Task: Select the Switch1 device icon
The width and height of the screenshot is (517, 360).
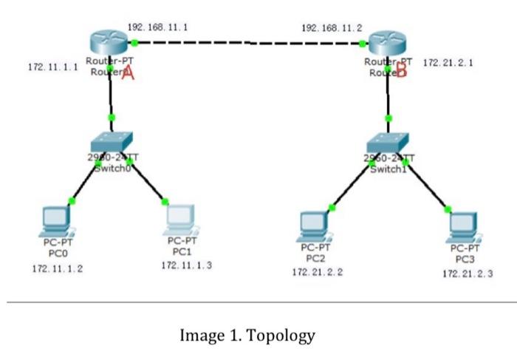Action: tap(388, 143)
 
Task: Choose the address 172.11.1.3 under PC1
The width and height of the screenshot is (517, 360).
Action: tap(186, 265)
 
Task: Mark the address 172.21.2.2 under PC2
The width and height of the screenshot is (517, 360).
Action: tap(318, 272)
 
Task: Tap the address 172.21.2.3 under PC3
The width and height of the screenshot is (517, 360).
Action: tap(467, 274)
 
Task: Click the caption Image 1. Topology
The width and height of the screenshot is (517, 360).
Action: tap(247, 335)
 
